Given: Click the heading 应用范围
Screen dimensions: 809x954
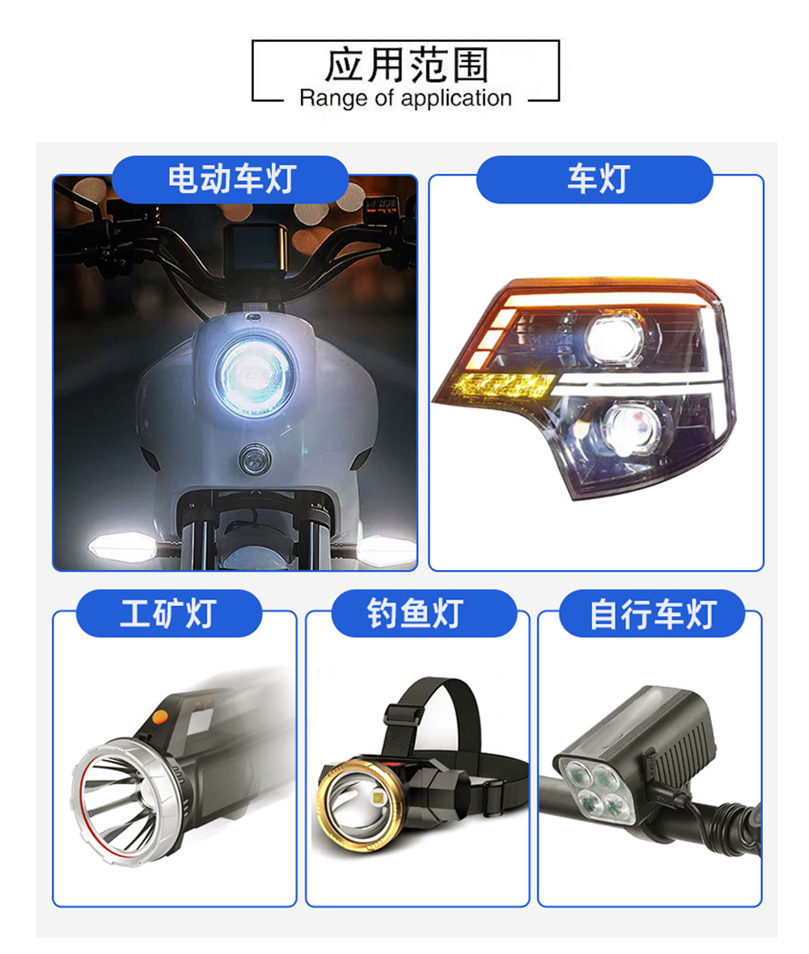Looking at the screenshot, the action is coord(406,65).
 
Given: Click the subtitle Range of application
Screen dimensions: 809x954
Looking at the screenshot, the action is coord(405,98).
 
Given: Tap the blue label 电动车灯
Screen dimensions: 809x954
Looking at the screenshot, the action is coord(231,179).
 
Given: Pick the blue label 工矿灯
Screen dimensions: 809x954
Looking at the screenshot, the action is coord(168,614).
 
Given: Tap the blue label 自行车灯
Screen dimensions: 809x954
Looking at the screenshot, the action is coord(652,614).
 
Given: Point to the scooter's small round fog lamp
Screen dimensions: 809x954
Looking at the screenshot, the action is coord(255,459).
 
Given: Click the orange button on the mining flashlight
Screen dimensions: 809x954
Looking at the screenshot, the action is coord(160,717).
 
